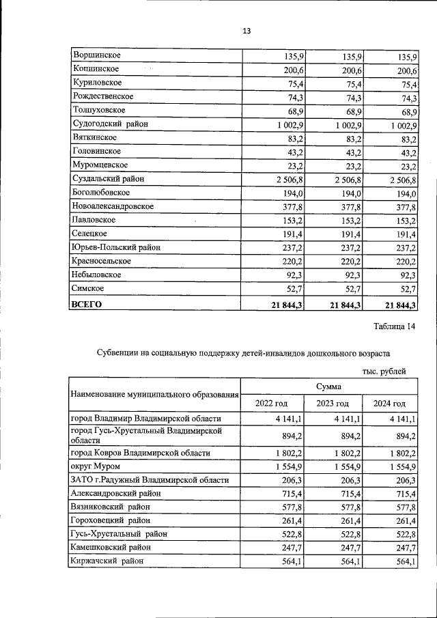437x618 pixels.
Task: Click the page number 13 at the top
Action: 246,31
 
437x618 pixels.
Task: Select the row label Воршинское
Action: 94,55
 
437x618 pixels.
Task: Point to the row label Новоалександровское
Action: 112,206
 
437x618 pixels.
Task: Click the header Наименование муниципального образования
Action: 154,395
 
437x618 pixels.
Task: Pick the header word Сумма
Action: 328,387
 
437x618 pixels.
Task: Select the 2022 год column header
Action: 271,404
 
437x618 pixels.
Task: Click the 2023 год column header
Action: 333,404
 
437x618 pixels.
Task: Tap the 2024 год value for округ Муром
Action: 402,466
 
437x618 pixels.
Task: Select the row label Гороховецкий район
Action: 110,520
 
